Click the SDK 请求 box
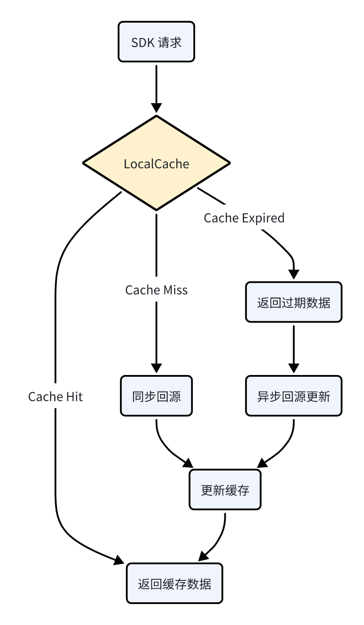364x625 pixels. click(156, 42)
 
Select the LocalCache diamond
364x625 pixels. click(156, 163)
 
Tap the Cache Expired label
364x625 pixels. click(244, 218)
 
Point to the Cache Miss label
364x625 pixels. click(156, 290)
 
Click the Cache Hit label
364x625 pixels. click(56, 396)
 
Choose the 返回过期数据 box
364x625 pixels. click(294, 302)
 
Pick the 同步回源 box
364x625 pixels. click(156, 396)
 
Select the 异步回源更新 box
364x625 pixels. click(294, 396)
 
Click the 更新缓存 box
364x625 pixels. click(225, 490)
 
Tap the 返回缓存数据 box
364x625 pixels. click(175, 583)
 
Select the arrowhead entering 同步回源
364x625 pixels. click(156, 368)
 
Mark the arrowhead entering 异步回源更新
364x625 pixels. click(294, 368)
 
